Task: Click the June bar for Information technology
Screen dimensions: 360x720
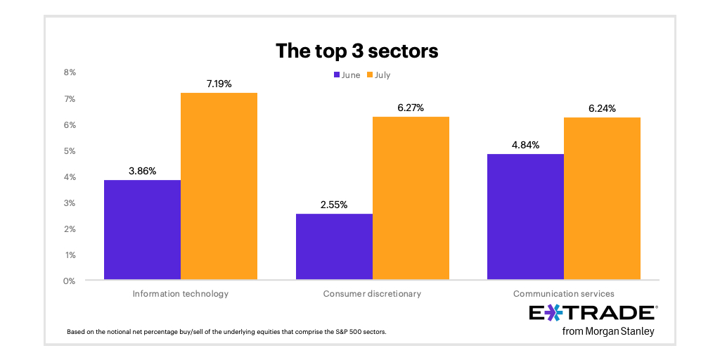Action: pos(142,230)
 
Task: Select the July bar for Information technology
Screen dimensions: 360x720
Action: pos(219,186)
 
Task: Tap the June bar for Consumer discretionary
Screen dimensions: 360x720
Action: pos(334,247)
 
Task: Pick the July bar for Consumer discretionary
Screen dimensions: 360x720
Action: pos(411,198)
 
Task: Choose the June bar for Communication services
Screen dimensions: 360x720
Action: pos(525,217)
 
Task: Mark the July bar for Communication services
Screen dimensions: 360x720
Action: pos(602,199)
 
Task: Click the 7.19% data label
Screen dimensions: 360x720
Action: pos(218,84)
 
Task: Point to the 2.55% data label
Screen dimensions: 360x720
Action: pos(334,205)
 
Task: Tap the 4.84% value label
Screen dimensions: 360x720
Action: pos(525,145)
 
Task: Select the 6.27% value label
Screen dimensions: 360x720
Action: pos(411,108)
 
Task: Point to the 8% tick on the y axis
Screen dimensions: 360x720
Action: pos(70,72)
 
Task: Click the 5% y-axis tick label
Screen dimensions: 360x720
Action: pos(70,150)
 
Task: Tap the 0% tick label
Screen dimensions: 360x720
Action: pos(70,281)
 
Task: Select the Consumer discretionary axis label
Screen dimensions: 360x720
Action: pos(372,294)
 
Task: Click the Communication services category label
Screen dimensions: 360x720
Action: pos(564,294)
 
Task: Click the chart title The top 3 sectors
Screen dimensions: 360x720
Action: pos(356,51)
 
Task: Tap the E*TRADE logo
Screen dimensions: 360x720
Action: pos(593,313)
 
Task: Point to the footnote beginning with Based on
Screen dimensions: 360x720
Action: pos(226,331)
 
